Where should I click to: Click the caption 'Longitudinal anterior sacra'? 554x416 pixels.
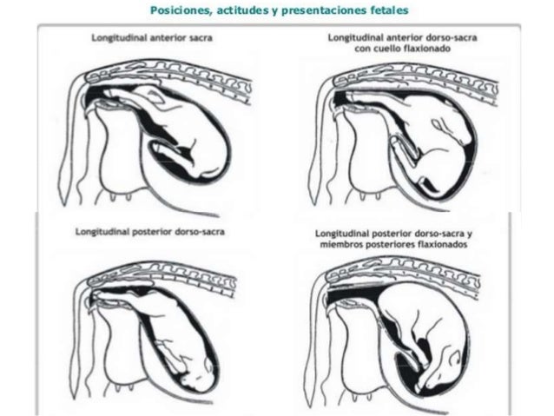click(x=152, y=37)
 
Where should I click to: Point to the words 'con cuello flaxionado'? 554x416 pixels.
click(x=402, y=49)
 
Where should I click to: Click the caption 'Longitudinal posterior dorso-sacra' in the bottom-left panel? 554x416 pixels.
click(x=150, y=232)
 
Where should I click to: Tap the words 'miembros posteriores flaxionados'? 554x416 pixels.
click(x=393, y=245)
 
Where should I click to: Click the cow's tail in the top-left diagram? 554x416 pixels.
click(x=68, y=149)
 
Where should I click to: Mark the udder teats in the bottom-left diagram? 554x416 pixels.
click(x=123, y=387)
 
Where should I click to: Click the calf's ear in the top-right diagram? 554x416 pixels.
click(x=439, y=124)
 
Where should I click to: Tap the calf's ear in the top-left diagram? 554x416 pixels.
click(x=155, y=95)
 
